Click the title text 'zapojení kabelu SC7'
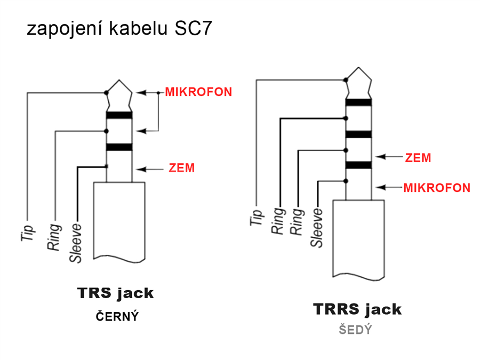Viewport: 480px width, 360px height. [x=119, y=29]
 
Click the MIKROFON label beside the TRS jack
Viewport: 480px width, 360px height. [x=198, y=92]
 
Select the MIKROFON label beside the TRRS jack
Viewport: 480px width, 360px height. [x=437, y=188]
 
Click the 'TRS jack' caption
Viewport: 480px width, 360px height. [x=116, y=293]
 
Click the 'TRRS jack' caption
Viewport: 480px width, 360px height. [x=357, y=309]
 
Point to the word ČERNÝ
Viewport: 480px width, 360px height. [x=117, y=316]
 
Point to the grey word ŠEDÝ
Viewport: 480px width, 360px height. [x=355, y=330]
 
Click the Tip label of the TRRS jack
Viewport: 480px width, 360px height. [x=257, y=214]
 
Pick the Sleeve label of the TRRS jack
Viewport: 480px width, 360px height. [x=317, y=228]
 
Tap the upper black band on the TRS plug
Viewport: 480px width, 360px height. [x=119, y=115]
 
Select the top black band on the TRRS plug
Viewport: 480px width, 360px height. [x=358, y=102]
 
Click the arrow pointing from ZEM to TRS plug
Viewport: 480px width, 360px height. [x=149, y=169]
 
